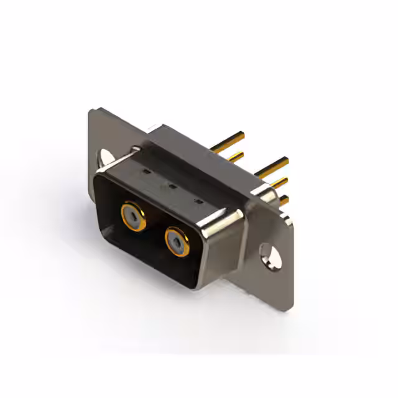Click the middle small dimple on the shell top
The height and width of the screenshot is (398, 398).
point(170,185)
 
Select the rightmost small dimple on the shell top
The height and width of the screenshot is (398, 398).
point(198,202)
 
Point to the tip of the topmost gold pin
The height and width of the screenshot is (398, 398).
point(243,134)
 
